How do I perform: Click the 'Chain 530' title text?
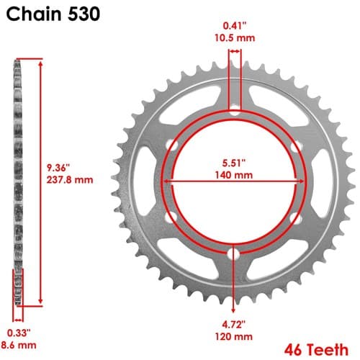(53, 14)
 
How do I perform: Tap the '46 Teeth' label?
(316, 349)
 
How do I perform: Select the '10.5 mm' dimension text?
(235, 38)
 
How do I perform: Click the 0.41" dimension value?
(235, 26)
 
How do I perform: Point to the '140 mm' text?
(233, 175)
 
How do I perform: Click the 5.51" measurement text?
(233, 163)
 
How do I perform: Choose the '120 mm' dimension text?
(233, 336)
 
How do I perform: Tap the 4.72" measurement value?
(233, 325)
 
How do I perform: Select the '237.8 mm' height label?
(70, 180)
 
